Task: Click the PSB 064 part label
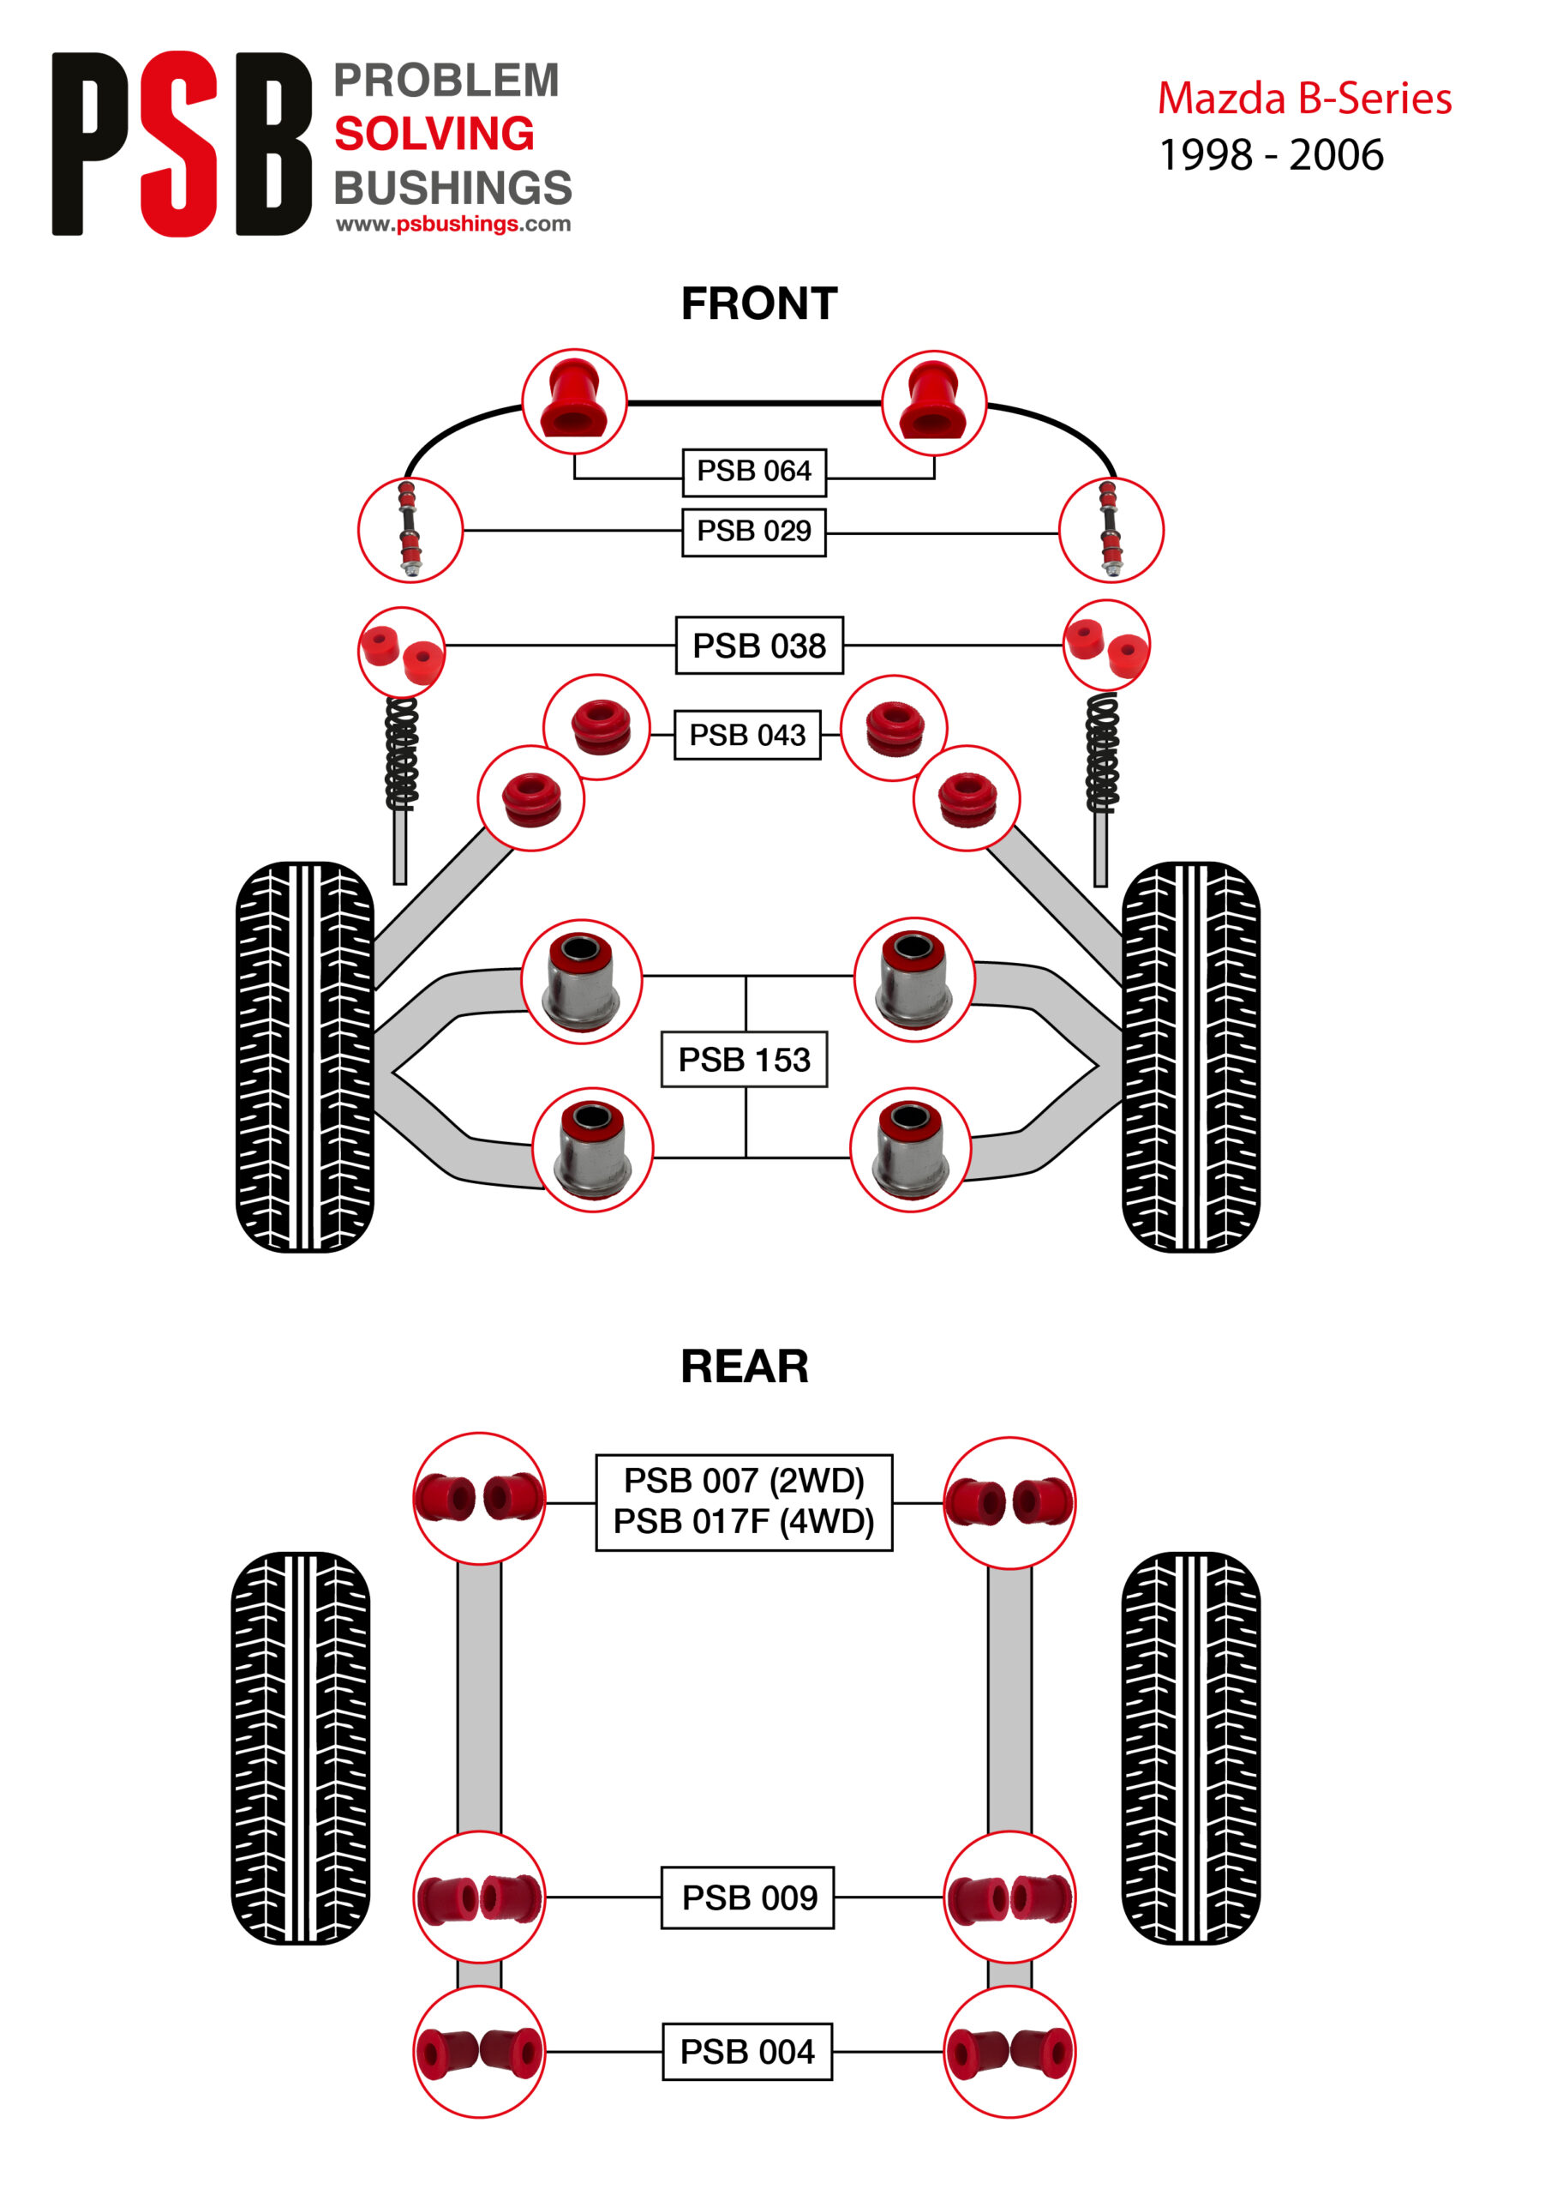[753, 472]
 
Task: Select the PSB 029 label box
[753, 531]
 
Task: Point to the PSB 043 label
[746, 734]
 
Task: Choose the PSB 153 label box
[744, 1059]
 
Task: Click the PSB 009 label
[748, 1897]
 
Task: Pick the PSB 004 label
[746, 2052]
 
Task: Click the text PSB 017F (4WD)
[744, 1521]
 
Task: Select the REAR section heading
[745, 1366]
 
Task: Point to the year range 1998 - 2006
[1270, 155]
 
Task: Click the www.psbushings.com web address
[453, 224]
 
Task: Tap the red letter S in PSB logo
[180, 143]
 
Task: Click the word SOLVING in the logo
[434, 134]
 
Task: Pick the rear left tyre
[300, 1747]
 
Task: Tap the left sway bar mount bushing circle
[574, 401]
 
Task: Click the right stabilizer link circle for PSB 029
[1111, 531]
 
